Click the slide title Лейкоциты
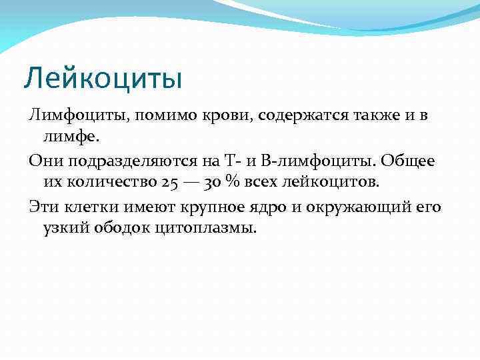pos(103,79)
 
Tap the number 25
pos(169,182)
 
